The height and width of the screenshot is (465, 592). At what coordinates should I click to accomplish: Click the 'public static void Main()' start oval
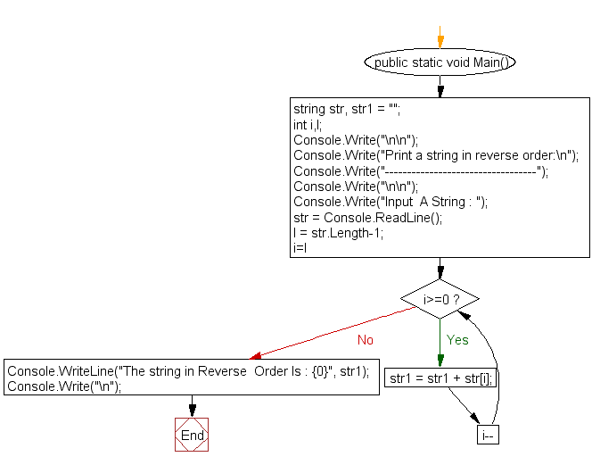pyautogui.click(x=440, y=62)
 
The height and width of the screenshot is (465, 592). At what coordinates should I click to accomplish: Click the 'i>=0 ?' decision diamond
pyautogui.click(x=440, y=298)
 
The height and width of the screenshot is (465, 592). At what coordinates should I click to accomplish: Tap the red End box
pyautogui.click(x=192, y=435)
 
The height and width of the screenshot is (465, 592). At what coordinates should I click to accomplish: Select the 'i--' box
pyautogui.click(x=489, y=436)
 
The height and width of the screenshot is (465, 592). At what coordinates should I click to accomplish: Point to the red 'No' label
pyautogui.click(x=366, y=340)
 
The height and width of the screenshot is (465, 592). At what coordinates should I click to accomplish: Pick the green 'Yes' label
pyautogui.click(x=457, y=340)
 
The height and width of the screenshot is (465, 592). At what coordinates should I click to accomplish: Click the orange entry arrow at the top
pyautogui.click(x=440, y=37)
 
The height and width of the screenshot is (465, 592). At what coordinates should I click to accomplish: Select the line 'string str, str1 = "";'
pyautogui.click(x=347, y=110)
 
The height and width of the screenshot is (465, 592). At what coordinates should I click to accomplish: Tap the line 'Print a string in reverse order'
pyautogui.click(x=436, y=155)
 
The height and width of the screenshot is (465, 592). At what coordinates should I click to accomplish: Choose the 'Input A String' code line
pyautogui.click(x=391, y=202)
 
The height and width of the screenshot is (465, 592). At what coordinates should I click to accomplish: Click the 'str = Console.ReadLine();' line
pyautogui.click(x=367, y=217)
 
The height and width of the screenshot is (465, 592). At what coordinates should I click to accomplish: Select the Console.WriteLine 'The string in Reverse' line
pyautogui.click(x=188, y=371)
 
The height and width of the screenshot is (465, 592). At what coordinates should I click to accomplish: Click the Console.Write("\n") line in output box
pyautogui.click(x=63, y=386)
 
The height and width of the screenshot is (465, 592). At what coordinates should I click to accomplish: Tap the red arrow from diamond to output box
pyautogui.click(x=330, y=331)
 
